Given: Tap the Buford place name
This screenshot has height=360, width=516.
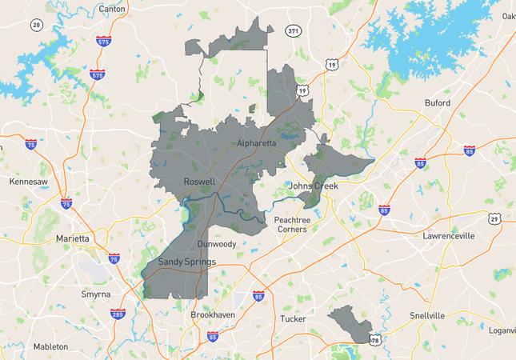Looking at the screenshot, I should tap(438, 103).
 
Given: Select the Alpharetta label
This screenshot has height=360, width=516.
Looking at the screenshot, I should tap(257, 143).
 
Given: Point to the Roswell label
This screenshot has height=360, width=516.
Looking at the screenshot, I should tap(199, 182).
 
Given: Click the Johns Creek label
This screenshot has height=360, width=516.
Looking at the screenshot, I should tap(314, 186).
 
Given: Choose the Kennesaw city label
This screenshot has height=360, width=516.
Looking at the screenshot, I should tap(29, 182).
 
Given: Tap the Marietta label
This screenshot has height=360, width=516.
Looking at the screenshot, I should tap(73, 238).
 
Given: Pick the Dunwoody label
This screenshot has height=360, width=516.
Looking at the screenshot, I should tap(217, 244).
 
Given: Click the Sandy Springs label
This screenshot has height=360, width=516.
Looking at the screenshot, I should tap(186, 262).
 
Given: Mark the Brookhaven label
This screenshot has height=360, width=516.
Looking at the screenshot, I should tap(213, 315).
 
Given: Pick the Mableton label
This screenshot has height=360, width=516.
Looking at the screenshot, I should tap(50, 346).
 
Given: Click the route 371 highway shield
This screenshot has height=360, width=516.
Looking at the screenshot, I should tap(294, 31).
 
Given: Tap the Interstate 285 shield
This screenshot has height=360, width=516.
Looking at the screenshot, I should tap(118, 314).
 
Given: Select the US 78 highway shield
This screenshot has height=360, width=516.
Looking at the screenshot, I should tap(375, 340).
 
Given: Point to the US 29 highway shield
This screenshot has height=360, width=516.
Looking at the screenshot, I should tap(495, 218).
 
